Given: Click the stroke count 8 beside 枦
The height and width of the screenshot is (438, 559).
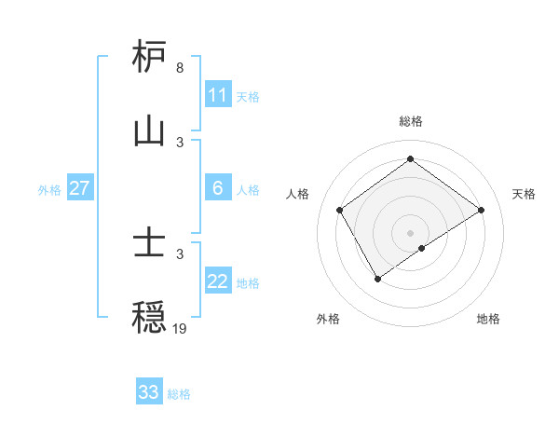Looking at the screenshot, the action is [x=179, y=68].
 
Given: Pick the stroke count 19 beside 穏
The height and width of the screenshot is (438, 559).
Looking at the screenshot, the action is [x=179, y=328].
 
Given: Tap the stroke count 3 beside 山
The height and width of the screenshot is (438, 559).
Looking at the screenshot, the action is [x=179, y=142].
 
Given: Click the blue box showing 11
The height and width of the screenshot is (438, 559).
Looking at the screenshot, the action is [x=218, y=95].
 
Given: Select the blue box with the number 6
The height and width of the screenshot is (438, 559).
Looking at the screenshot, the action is [x=218, y=188].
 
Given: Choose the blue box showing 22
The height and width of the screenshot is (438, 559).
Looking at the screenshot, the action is [x=218, y=281].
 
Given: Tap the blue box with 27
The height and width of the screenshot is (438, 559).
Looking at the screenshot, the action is [x=80, y=188].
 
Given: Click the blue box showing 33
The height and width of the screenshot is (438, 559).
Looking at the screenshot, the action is [x=149, y=392].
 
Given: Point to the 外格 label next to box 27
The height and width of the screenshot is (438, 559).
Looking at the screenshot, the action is [x=49, y=189].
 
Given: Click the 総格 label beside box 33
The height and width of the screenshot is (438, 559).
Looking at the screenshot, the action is [x=179, y=393].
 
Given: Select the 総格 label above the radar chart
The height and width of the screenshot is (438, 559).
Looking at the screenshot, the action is [x=411, y=122].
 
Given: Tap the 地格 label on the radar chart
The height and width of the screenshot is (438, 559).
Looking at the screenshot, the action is [x=488, y=319].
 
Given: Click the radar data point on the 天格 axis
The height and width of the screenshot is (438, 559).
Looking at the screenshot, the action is [x=481, y=210].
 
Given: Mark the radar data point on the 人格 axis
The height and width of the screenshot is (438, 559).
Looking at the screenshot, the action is [x=340, y=210].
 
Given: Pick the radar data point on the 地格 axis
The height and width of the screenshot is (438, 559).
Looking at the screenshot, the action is [x=422, y=248].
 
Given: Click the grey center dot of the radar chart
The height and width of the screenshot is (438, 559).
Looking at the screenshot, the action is [x=411, y=232].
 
